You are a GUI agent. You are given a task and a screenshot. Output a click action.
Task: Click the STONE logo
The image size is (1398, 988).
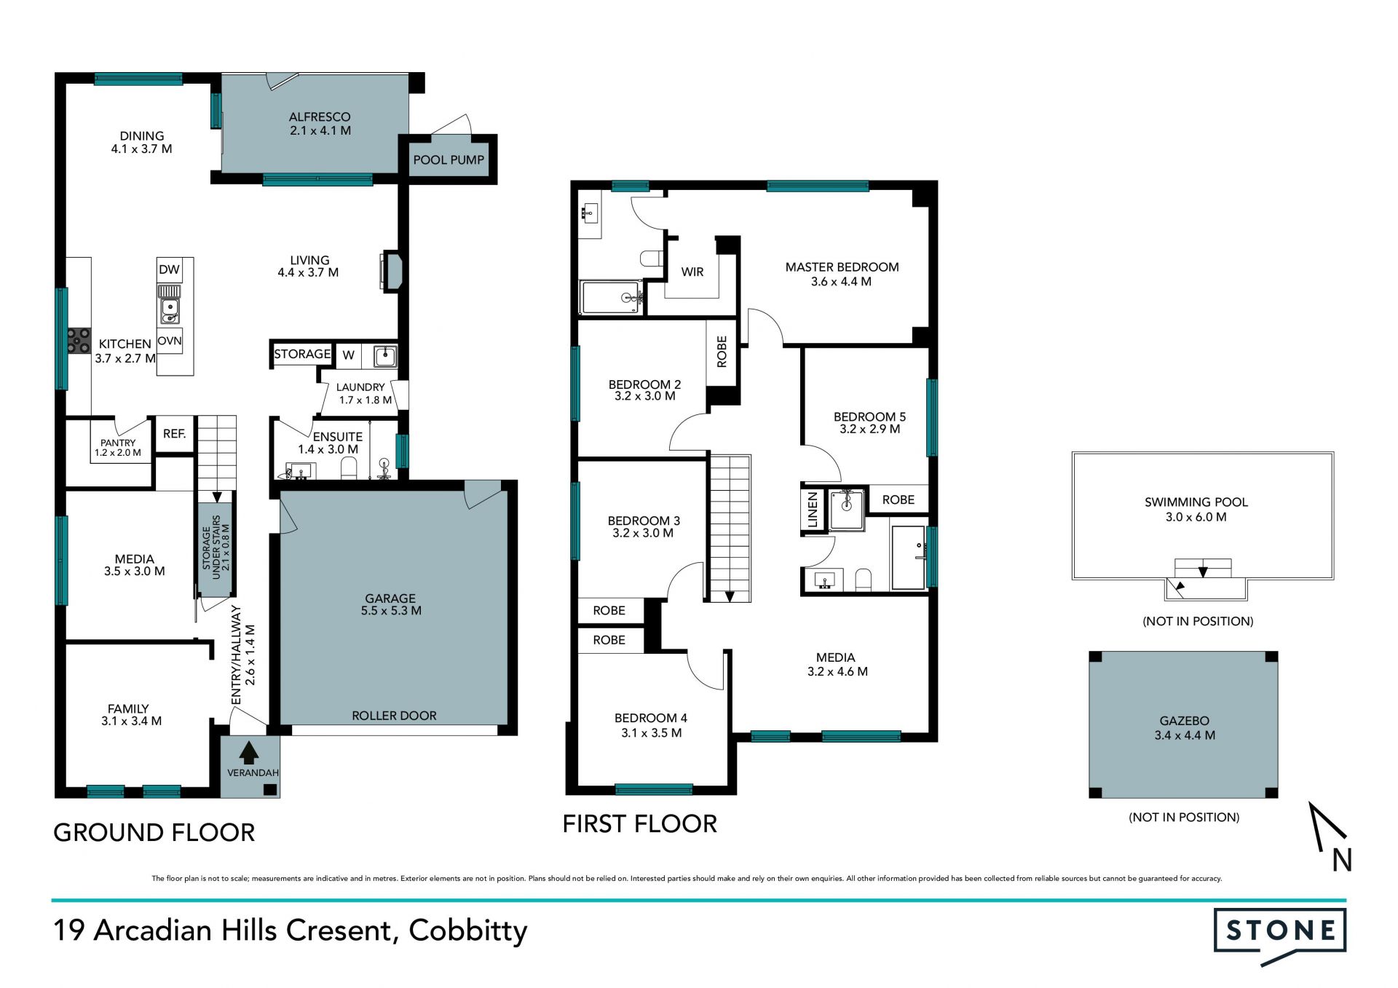[1280, 934]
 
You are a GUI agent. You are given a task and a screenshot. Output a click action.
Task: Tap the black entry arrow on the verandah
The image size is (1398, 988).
[249, 753]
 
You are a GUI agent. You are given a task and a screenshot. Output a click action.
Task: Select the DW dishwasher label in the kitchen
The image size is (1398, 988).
[169, 269]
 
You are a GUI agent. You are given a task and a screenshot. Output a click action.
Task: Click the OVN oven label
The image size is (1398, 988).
[170, 341]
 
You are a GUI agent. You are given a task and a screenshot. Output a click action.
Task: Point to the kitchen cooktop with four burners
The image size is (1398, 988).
[79, 341]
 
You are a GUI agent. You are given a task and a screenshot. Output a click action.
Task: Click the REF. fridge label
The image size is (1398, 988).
[175, 434]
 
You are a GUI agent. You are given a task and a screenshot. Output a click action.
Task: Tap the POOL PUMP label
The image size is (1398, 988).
[449, 160]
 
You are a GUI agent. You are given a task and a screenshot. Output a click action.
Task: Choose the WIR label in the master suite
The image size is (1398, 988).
[692, 272]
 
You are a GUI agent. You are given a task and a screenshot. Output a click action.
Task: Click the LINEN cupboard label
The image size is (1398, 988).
[813, 510]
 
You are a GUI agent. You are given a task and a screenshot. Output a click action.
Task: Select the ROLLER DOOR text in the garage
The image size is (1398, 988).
[395, 716]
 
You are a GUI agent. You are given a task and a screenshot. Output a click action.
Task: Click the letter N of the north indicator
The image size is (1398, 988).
[1342, 861]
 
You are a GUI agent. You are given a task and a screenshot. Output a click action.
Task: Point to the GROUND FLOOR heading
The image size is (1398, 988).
[154, 833]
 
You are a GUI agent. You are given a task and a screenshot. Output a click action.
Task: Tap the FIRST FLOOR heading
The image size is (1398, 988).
[640, 824]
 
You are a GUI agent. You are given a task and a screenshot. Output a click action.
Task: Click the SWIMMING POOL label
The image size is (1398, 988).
[1196, 502]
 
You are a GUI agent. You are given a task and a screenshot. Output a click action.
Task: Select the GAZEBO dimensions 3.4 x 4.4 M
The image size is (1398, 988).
[1185, 735]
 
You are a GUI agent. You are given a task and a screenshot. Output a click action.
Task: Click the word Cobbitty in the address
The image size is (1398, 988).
[468, 931]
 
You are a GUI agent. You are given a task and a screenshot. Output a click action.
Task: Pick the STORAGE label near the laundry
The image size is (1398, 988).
[302, 355]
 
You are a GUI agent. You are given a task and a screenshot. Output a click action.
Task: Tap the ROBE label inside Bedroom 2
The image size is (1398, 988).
[722, 352]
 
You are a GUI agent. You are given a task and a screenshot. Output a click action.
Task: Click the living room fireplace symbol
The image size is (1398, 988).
[391, 272]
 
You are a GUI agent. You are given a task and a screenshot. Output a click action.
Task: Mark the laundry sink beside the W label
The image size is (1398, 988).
[385, 356]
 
